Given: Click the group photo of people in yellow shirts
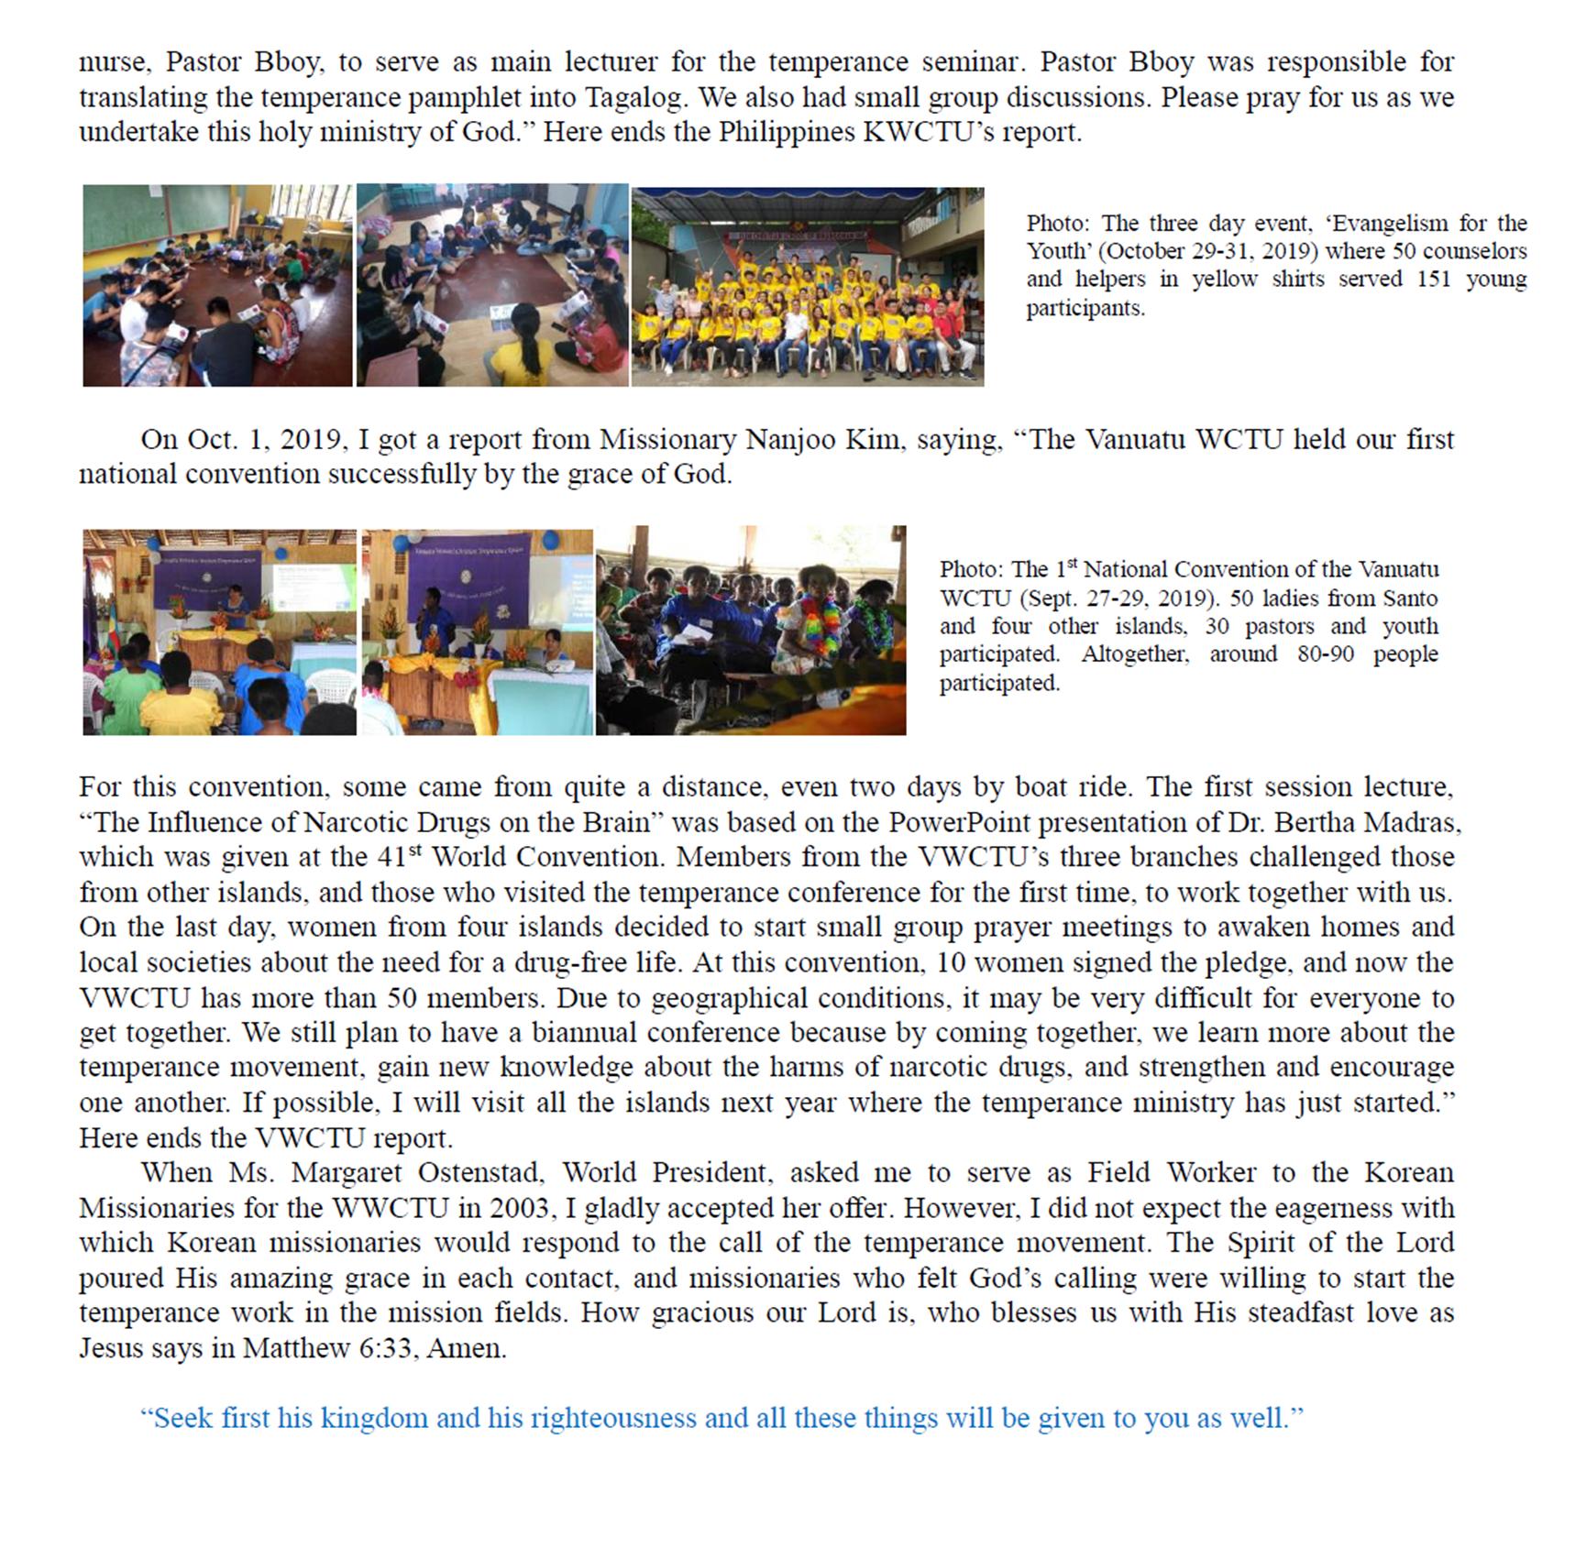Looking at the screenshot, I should coord(808,287).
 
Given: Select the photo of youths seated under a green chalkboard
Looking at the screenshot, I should coord(217,286).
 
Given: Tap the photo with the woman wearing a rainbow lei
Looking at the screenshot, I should coord(751,631).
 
